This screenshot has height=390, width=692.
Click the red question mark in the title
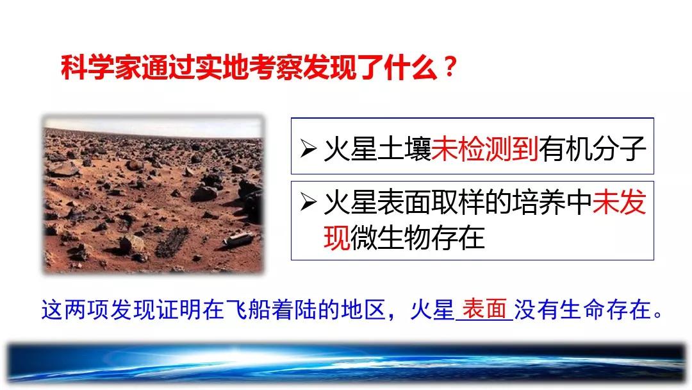pos(449,67)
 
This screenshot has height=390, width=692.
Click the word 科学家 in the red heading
pos(101,67)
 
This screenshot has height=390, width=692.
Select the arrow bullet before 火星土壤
pos(308,148)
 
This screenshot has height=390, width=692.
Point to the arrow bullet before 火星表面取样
pos(308,202)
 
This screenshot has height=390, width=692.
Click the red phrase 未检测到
pos(484,148)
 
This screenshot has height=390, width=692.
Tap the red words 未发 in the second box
pos(619,202)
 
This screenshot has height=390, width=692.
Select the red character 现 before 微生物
pos(337,237)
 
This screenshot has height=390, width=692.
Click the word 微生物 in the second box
pos(391,237)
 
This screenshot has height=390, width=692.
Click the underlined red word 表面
pos(484,309)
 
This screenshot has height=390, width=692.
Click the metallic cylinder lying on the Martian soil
pos(238,239)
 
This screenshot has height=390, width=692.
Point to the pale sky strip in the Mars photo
pos(153,126)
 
